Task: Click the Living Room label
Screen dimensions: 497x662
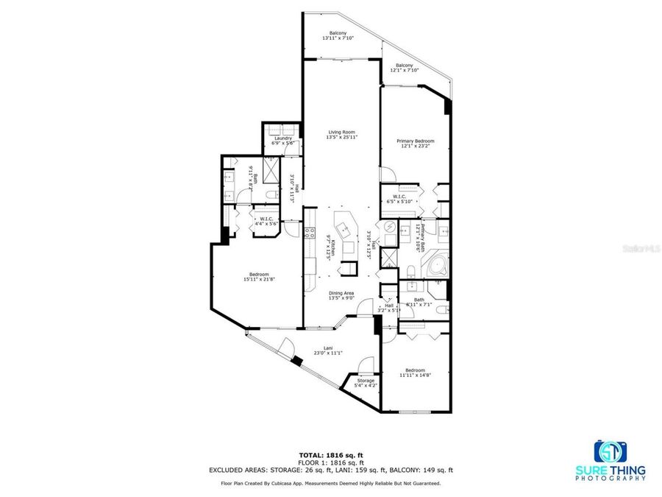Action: click(342, 134)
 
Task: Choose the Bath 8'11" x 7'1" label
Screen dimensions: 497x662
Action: click(419, 302)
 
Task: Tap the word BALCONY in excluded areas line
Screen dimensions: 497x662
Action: click(407, 470)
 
